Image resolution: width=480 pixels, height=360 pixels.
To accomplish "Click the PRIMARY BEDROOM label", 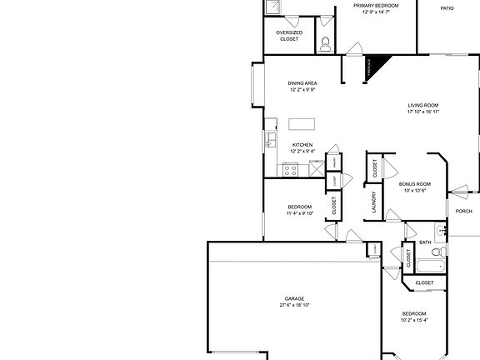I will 376,6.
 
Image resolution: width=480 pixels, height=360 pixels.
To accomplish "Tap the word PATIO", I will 447,8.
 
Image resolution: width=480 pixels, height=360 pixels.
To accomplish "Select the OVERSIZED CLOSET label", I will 289,36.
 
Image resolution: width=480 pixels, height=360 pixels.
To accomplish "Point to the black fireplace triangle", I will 380,65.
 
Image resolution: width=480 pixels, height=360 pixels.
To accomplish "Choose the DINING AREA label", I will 302,83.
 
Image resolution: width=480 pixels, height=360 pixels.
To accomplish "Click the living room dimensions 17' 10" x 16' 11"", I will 423,111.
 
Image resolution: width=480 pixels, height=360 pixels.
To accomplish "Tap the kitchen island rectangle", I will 302,124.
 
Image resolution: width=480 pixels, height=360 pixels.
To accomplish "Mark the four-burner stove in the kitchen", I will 291,170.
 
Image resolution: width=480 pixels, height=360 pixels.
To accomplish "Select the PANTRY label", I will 334,162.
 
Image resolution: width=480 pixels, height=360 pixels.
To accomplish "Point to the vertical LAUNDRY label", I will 374,202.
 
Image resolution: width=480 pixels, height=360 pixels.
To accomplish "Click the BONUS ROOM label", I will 414,183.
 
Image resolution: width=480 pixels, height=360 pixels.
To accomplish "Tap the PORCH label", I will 463,211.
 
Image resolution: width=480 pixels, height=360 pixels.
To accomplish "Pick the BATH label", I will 425,243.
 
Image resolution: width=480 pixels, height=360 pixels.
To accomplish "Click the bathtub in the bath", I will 431,266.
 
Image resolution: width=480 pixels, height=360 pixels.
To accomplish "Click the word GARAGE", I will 294,298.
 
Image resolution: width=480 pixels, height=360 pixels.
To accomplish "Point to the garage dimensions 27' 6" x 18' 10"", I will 294,306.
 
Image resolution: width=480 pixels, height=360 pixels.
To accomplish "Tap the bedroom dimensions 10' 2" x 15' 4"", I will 413,320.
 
